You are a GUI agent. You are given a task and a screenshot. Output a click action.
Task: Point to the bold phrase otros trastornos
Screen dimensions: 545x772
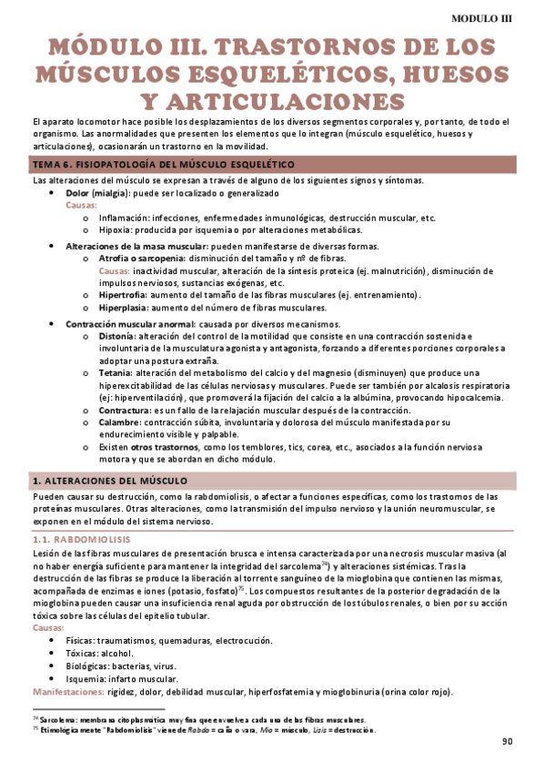click(x=162, y=448)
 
